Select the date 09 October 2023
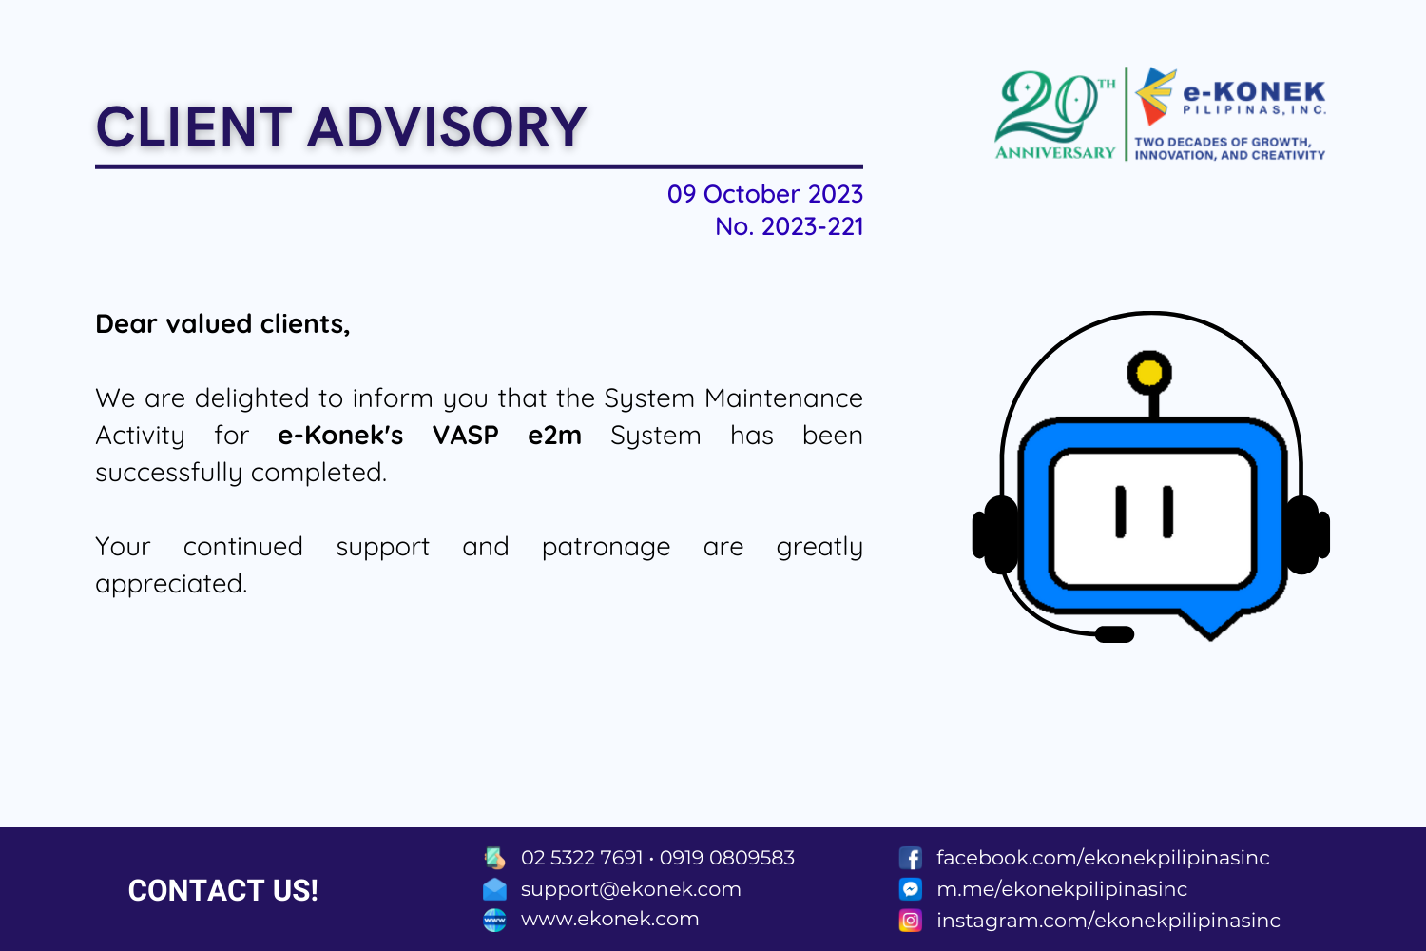pyautogui.click(x=764, y=194)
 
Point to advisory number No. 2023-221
pyautogui.click(x=789, y=226)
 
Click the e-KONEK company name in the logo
pyautogui.click(x=1254, y=91)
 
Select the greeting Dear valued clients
pyautogui.click(x=222, y=324)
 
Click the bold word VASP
pyautogui.click(x=466, y=436)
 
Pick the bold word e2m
pyautogui.click(x=554, y=436)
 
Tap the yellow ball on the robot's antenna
pyautogui.click(x=1149, y=373)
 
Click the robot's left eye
pyautogui.click(x=1121, y=512)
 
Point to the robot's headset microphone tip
pyautogui.click(x=1114, y=634)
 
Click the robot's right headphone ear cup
pyautogui.click(x=1306, y=534)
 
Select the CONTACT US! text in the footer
pyautogui.click(x=222, y=890)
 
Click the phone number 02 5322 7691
pyautogui.click(x=582, y=858)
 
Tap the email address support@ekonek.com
pyautogui.click(x=631, y=889)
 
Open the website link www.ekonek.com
pyautogui.click(x=610, y=919)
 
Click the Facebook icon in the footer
pyautogui.click(x=911, y=858)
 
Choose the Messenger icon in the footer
pyautogui.click(x=911, y=889)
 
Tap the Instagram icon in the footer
pyautogui.click(x=911, y=921)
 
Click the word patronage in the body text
pyautogui.click(x=607, y=548)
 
